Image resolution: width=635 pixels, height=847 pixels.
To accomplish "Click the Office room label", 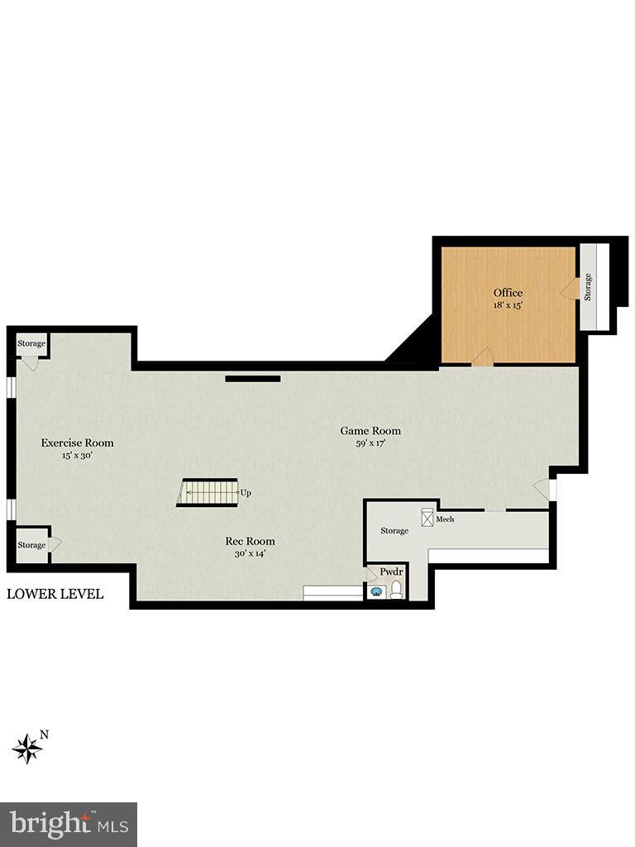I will click(508, 293).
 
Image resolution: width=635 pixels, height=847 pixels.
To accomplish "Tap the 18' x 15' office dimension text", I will click(508, 305).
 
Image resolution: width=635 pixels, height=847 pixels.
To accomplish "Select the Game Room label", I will click(370, 430).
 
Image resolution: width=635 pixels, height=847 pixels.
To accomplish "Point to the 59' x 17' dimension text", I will click(370, 443).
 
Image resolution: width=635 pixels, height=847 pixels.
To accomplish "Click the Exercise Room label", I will click(77, 443).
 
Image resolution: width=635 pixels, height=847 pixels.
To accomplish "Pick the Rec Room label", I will click(250, 541).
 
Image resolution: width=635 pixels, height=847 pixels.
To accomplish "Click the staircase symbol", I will click(208, 493).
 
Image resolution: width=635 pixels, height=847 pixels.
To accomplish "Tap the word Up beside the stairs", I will click(246, 493).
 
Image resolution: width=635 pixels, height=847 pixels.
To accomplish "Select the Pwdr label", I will click(390, 572).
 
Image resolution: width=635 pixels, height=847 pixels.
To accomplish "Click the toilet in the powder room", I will click(397, 590).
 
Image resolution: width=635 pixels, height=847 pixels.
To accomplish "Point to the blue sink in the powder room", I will click(377, 591).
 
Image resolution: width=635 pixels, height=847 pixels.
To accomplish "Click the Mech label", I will click(445, 519).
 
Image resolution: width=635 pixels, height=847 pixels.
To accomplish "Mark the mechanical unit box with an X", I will click(427, 518).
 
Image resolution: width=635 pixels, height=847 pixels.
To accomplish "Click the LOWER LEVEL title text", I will click(55, 594).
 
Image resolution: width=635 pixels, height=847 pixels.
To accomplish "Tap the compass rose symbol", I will click(27, 747).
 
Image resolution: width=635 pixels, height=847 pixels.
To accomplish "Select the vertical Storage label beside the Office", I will click(589, 286).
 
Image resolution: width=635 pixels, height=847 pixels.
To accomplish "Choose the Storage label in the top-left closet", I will click(31, 343).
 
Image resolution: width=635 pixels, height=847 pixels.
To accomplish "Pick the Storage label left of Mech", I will click(394, 530).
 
